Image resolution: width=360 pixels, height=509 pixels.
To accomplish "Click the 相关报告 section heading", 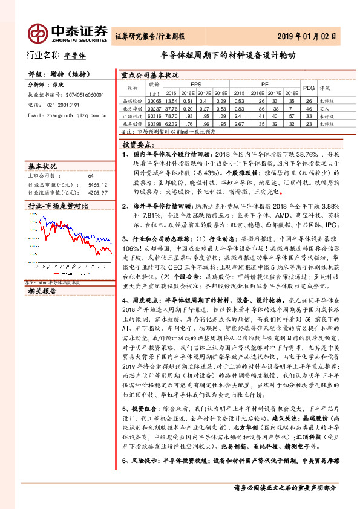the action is (42, 291).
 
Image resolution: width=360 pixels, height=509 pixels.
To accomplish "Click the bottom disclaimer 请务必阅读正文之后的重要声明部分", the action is (284, 487).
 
